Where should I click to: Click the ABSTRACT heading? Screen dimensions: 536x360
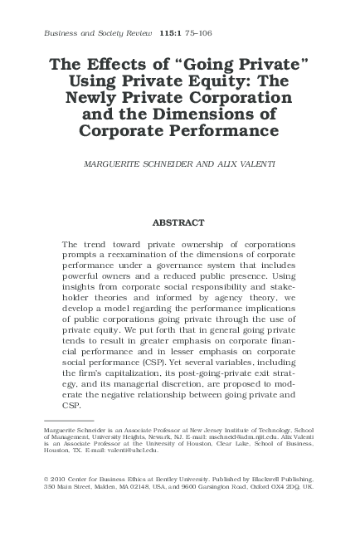click(x=179, y=222)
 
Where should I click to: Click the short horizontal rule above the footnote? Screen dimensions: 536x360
click(x=68, y=421)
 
